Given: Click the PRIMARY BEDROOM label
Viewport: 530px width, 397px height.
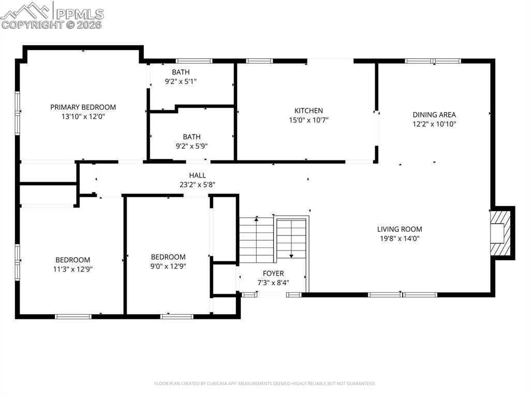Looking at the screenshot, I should tap(83, 107).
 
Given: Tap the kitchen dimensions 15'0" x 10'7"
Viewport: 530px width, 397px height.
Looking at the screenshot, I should tap(308, 120).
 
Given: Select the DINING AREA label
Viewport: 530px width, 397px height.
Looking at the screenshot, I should tap(434, 115).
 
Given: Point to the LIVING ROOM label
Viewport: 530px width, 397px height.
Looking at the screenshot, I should tap(399, 229).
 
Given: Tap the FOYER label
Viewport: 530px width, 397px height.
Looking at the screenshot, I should tap(273, 273).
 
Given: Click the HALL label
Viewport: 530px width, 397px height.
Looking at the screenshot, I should tap(197, 175).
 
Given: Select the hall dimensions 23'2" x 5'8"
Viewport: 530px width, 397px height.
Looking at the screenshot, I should tap(197, 184).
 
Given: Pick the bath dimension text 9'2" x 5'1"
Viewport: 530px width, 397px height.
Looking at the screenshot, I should tap(181, 81).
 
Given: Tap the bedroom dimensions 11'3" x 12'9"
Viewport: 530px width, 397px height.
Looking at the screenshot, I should tap(72, 269).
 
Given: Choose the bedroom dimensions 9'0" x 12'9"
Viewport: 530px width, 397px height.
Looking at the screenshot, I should tap(168, 266).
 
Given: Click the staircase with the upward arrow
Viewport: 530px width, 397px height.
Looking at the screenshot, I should tap(256, 240).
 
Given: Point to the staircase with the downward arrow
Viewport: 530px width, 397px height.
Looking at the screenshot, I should tap(291, 238).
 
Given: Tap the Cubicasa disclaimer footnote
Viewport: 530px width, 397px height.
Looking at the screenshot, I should tap(264, 384).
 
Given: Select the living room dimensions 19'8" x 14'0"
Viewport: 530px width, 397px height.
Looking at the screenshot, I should tap(399, 239).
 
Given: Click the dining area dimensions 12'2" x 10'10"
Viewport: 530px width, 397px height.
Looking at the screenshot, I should tap(434, 124).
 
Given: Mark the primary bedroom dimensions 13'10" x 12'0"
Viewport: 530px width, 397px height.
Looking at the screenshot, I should tap(83, 116).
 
